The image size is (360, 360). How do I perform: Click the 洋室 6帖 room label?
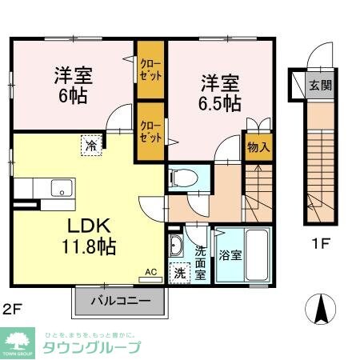(73, 85)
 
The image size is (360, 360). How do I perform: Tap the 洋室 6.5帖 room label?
(219, 92)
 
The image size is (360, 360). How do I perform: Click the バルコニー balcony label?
(119, 302)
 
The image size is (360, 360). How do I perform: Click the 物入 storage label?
(258, 148)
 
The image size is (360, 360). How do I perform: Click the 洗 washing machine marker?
(179, 273)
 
